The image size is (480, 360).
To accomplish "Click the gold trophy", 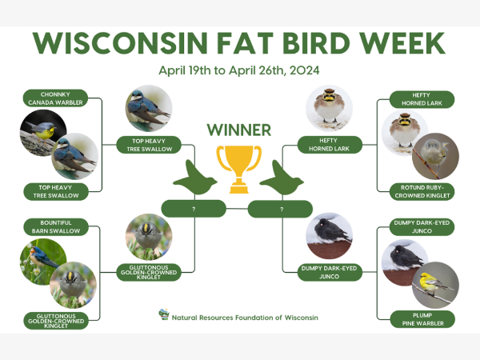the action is (238, 169).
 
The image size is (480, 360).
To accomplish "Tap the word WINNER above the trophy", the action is (238, 130).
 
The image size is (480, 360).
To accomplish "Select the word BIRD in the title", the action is (316, 43).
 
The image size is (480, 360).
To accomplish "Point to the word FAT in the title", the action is (245, 43).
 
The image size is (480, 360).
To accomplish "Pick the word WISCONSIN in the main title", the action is (120, 43).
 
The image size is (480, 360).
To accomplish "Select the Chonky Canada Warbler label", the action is (55, 98).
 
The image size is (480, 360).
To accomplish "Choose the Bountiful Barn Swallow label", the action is (56, 227).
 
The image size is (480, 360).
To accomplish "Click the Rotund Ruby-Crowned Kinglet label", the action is (422, 192).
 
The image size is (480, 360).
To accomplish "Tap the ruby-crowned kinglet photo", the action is (435, 156).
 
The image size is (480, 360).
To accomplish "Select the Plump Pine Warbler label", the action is (422, 319).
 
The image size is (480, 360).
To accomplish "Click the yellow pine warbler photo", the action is (435, 285).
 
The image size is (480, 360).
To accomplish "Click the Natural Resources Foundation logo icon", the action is (164, 314).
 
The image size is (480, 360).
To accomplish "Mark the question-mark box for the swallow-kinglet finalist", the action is (194, 209).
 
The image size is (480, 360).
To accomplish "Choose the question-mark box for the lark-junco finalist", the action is (280, 209).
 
